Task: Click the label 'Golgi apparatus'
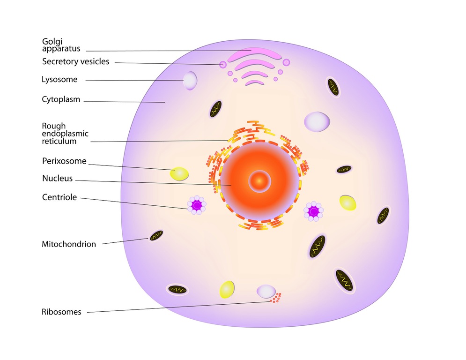pos(61,45)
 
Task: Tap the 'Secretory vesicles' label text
pos(76,61)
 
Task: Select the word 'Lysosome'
pos(59,79)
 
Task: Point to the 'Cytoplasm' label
pos(61,99)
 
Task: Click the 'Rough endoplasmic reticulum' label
pos(65,134)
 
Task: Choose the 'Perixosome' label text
pos(64,161)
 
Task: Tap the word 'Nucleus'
pos(57,178)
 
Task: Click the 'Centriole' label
pos(59,197)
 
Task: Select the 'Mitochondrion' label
pos(69,244)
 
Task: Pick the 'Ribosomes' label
pos(61,312)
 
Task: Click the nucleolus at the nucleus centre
pos(259,181)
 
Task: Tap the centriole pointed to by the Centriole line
pos(196,205)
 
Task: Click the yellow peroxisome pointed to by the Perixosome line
pos(179,174)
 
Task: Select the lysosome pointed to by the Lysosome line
pos(190,80)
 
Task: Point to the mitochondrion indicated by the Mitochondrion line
pos(156,236)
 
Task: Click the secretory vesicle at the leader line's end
pos(223,65)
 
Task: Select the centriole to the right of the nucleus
pos(313,211)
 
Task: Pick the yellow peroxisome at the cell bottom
pos(227,290)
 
